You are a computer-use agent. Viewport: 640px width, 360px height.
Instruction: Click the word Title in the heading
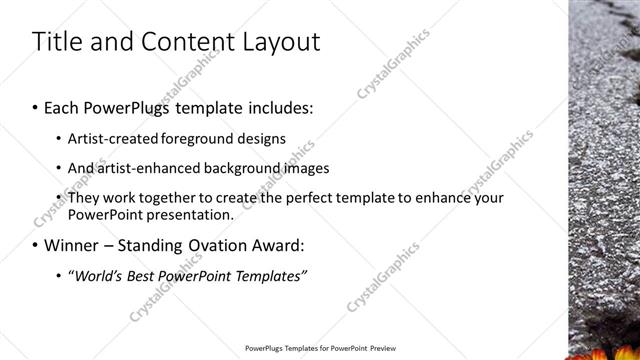(56, 41)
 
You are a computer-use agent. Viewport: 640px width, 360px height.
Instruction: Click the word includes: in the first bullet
(271, 105)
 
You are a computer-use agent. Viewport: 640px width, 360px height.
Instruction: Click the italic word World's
(96, 275)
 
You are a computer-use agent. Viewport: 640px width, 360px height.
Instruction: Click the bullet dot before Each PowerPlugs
(36, 105)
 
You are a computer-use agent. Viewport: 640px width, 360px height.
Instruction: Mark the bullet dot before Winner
(36, 245)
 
